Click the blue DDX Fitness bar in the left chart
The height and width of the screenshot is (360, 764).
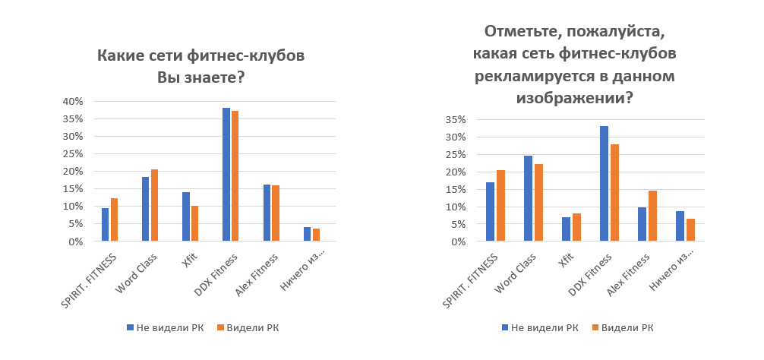pyautogui.click(x=226, y=175)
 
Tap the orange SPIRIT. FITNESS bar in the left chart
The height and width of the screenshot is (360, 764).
pyautogui.click(x=115, y=220)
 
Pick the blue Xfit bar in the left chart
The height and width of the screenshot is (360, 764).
pyautogui.click(x=186, y=217)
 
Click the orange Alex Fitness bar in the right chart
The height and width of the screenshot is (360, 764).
pyautogui.click(x=652, y=216)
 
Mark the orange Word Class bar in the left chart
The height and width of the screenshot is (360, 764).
pyautogui.click(x=155, y=206)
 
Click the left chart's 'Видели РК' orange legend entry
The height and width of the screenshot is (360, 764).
pyautogui.click(x=248, y=328)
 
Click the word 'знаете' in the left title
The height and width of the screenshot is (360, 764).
pyautogui.click(x=218, y=77)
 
